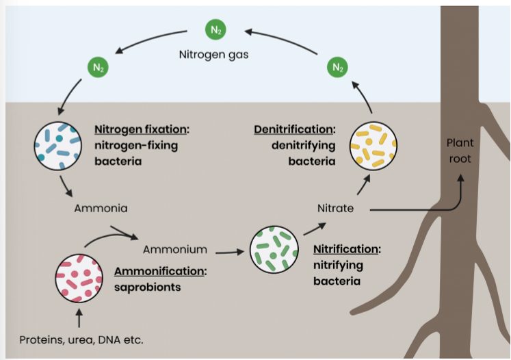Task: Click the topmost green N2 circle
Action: pos(214,30)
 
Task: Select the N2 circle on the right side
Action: pos(337,67)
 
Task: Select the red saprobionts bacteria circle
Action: pos(79,277)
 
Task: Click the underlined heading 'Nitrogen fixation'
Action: pos(142,129)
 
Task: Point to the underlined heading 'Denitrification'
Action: pos(295,129)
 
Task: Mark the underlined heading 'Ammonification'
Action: pos(160,271)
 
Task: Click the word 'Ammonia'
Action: pos(100,207)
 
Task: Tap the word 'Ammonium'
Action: pos(174,250)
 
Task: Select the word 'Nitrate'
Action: pos(335,207)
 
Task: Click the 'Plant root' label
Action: pos(460,151)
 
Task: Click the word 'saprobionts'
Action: pos(148,287)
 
